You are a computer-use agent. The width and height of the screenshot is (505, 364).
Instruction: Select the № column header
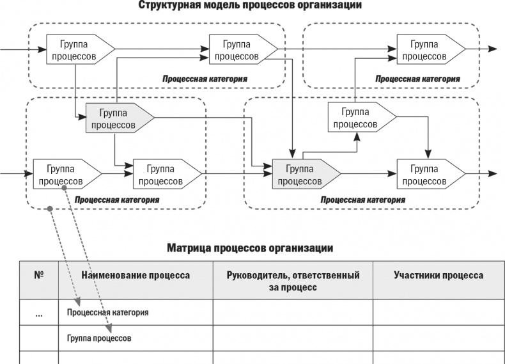38,275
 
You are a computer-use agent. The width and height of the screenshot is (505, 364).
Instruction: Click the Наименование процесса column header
136,276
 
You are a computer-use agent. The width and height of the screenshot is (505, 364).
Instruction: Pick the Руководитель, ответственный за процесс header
293,281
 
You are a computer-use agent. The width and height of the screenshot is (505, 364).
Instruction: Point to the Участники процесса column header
439,276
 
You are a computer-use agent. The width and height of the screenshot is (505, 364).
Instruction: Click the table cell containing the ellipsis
38,312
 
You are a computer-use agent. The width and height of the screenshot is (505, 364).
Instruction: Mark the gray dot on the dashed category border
50,208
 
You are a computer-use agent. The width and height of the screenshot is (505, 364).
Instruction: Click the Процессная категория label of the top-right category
417,79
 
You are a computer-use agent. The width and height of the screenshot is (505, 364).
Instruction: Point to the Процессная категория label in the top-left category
205,79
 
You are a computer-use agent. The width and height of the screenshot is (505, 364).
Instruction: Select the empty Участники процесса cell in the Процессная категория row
439,312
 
